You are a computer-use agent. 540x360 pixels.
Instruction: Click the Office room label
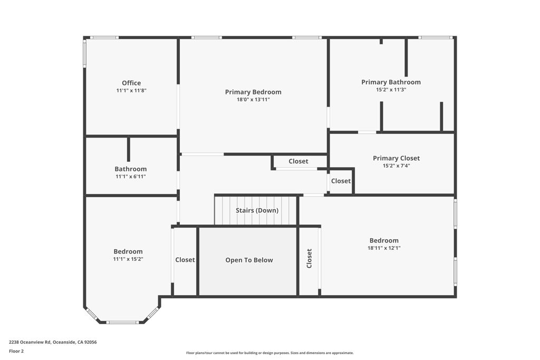pyautogui.click(x=131, y=83)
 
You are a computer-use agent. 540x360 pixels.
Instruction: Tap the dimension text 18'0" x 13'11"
pyautogui.click(x=253, y=99)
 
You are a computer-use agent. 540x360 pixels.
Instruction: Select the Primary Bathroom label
pyautogui.click(x=391, y=82)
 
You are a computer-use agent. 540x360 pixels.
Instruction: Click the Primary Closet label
pyautogui.click(x=396, y=158)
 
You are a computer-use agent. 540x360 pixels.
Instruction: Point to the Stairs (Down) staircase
pyautogui.click(x=257, y=210)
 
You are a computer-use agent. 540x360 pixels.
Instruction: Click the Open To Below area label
pyautogui.click(x=249, y=260)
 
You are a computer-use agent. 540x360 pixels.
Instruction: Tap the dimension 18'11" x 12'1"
pyautogui.click(x=384, y=248)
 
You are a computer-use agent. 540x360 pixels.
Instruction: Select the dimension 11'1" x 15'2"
pyautogui.click(x=128, y=259)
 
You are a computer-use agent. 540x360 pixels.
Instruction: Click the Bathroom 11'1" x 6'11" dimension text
pyautogui.click(x=130, y=177)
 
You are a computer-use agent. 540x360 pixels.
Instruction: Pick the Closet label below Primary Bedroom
pyautogui.click(x=298, y=161)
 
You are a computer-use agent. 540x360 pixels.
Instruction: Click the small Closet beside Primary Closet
pyautogui.click(x=341, y=181)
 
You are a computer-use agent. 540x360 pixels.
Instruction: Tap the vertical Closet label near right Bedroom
pyautogui.click(x=310, y=258)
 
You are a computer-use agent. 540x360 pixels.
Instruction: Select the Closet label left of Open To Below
pyautogui.click(x=185, y=260)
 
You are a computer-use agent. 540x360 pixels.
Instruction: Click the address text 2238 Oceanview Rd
pyautogui.click(x=53, y=342)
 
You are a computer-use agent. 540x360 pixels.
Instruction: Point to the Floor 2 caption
pyautogui.click(x=16, y=351)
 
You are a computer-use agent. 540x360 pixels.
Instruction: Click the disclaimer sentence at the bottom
pyautogui.click(x=269, y=353)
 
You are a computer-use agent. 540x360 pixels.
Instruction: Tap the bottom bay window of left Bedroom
pyautogui.click(x=122, y=322)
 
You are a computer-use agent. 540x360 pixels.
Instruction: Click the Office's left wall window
pyautogui.click(x=84, y=54)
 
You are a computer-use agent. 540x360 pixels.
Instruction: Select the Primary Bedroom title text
pyautogui.click(x=253, y=92)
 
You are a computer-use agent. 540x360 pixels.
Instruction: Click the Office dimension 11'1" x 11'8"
pyautogui.click(x=131, y=90)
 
